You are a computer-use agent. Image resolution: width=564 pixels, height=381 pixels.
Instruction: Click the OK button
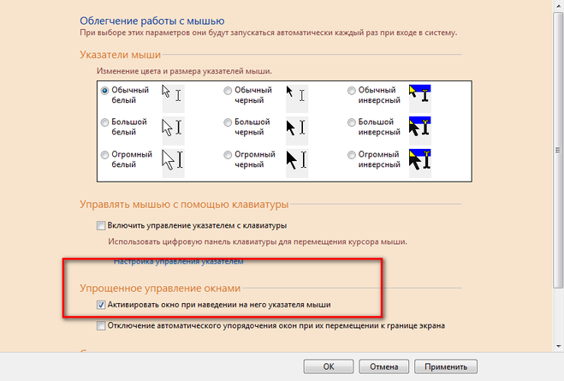pyautogui.click(x=329, y=366)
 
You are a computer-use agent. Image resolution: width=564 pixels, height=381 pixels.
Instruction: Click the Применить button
pyautogui.click(x=446, y=366)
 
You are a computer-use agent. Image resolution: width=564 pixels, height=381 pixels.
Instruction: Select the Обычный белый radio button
pyautogui.click(x=104, y=90)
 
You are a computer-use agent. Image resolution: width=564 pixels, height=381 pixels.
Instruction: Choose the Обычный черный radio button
pyautogui.click(x=228, y=90)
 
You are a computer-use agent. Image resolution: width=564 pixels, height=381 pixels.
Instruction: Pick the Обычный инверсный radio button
pyautogui.click(x=352, y=90)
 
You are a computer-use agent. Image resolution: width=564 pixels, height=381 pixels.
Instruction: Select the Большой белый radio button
pyautogui.click(x=104, y=122)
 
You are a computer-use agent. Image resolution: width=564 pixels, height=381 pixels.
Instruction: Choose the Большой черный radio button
pyautogui.click(x=228, y=122)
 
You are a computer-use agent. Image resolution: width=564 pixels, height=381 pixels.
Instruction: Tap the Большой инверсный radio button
pyautogui.click(x=352, y=122)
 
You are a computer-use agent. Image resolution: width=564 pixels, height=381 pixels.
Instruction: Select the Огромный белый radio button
pyautogui.click(x=104, y=155)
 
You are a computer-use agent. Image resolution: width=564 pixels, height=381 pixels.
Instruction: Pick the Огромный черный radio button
pyautogui.click(x=228, y=155)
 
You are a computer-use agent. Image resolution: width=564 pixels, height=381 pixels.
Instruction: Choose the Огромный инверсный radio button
pyautogui.click(x=352, y=155)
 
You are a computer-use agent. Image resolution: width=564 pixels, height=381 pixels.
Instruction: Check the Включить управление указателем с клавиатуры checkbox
pyautogui.click(x=101, y=225)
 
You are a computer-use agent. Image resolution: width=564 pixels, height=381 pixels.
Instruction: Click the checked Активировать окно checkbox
pyautogui.click(x=101, y=305)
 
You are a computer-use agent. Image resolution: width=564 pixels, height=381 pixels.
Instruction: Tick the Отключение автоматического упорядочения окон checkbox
pyautogui.click(x=101, y=325)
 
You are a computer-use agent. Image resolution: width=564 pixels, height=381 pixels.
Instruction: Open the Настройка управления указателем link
pyautogui.click(x=178, y=261)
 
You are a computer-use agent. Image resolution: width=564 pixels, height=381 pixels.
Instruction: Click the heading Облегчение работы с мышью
pyautogui.click(x=152, y=21)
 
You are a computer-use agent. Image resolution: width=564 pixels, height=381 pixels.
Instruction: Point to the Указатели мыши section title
pyautogui.click(x=120, y=55)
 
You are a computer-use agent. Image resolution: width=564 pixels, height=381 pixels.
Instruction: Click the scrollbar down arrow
pyautogui.click(x=559, y=347)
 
